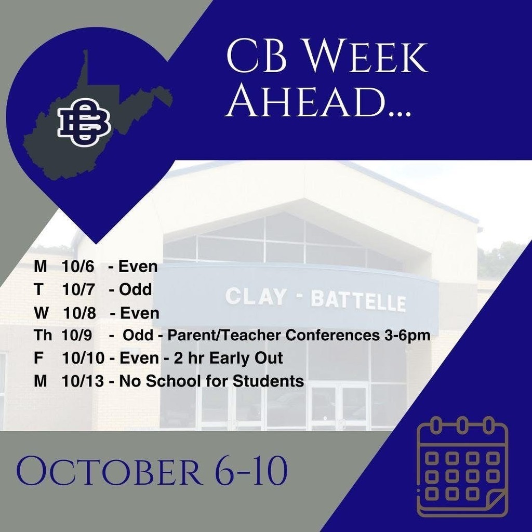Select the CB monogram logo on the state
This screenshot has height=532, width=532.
pos(84,122)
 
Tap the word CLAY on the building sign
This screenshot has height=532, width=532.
pos(256,297)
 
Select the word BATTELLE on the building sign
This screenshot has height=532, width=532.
pos(358,301)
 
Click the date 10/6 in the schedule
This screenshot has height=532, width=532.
pos(77,267)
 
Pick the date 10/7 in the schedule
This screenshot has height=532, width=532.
pos(77,290)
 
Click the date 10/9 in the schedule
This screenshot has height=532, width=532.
pos(77,336)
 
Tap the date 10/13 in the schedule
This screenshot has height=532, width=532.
pos(82,381)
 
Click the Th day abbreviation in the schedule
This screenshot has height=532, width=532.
pos(43,336)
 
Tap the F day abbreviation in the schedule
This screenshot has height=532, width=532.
pos(38,358)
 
